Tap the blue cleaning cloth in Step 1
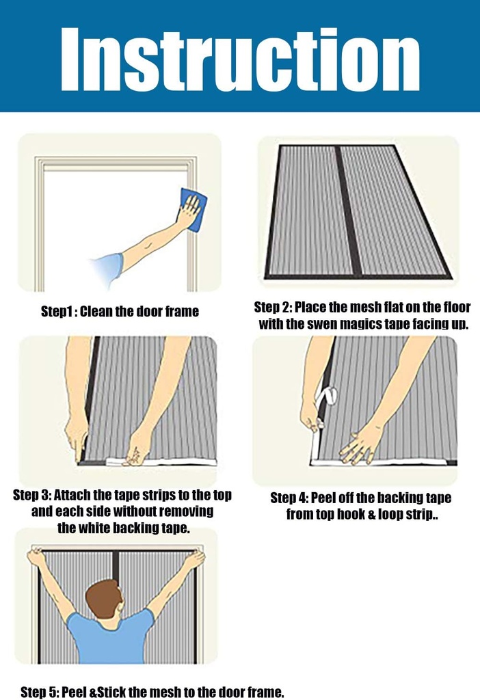193,209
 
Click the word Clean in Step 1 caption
99,312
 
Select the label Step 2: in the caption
272,308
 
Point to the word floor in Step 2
455,308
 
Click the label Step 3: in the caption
31,495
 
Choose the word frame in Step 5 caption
263,692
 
